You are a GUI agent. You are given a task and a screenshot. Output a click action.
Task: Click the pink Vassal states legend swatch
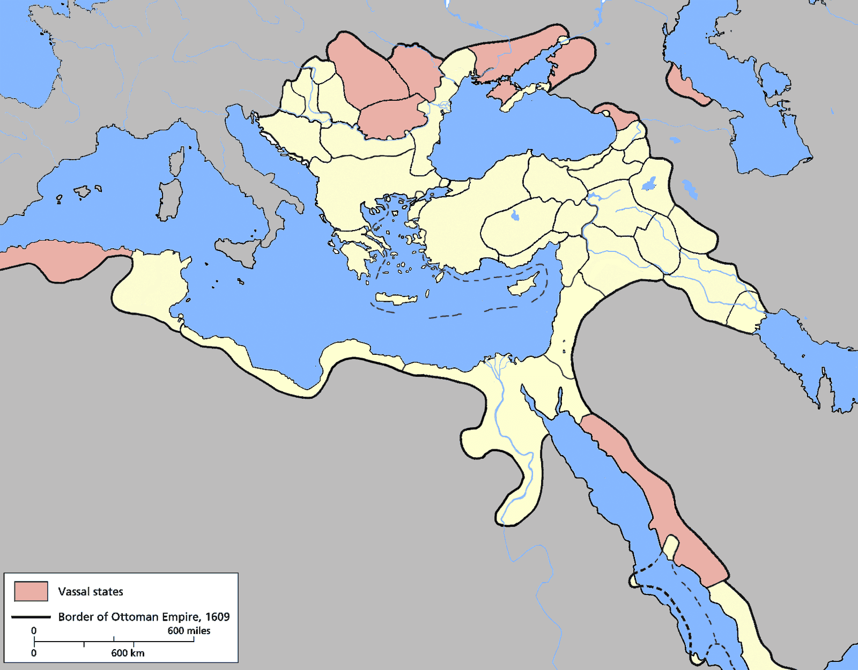pyautogui.click(x=31, y=591)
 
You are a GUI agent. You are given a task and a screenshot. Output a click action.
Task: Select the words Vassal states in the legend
pyautogui.click(x=91, y=592)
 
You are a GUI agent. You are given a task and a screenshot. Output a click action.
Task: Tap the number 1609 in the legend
pyautogui.click(x=218, y=617)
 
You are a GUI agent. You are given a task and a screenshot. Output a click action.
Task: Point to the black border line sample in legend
pyautogui.click(x=31, y=617)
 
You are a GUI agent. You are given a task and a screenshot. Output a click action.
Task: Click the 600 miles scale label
pyautogui.click(x=189, y=631)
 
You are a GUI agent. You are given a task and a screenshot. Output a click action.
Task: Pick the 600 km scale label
pyautogui.click(x=128, y=653)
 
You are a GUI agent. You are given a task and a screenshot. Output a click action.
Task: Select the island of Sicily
pyautogui.click(x=239, y=251)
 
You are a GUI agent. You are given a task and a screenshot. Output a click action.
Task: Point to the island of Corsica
pyautogui.click(x=176, y=161)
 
